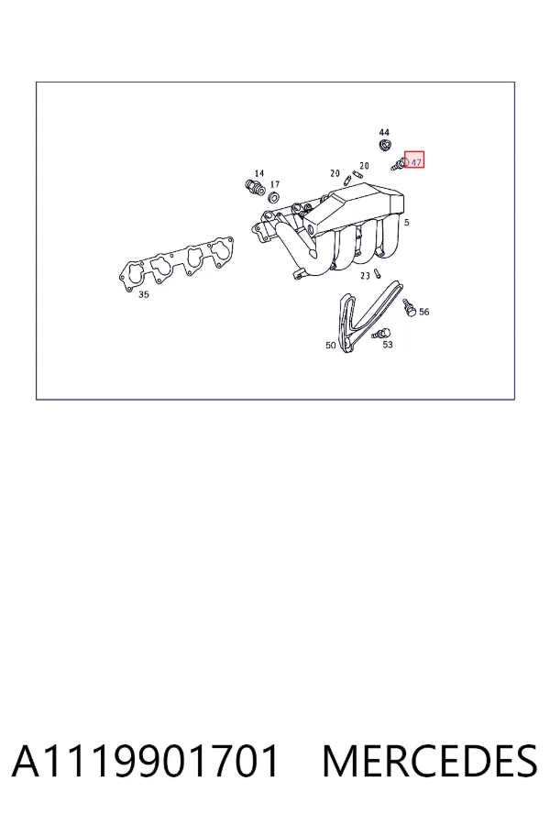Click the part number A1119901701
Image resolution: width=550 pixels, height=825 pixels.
point(145,761)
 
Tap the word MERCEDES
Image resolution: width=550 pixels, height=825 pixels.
point(430,761)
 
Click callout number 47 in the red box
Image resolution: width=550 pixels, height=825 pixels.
point(416,162)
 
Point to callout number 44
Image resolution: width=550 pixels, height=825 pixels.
point(384,132)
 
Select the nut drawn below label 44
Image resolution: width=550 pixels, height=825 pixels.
point(385,145)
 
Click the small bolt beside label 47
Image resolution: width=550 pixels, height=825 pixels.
point(399,165)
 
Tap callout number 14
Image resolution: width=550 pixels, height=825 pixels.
point(258,173)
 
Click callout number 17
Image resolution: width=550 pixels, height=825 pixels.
point(275,184)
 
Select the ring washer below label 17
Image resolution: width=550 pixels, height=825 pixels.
point(274,198)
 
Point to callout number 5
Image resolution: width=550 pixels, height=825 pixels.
point(406,223)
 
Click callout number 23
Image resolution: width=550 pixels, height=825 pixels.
point(365,276)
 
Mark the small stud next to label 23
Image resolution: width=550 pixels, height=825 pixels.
point(378,273)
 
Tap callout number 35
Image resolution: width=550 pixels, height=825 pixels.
point(144,294)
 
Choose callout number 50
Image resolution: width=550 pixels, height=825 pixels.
point(331,346)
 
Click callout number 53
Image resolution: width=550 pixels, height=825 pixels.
point(388,345)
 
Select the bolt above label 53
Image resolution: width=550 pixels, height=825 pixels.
point(381,334)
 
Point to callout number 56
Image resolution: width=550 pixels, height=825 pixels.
point(423,312)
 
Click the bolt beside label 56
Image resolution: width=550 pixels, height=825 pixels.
point(410,308)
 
